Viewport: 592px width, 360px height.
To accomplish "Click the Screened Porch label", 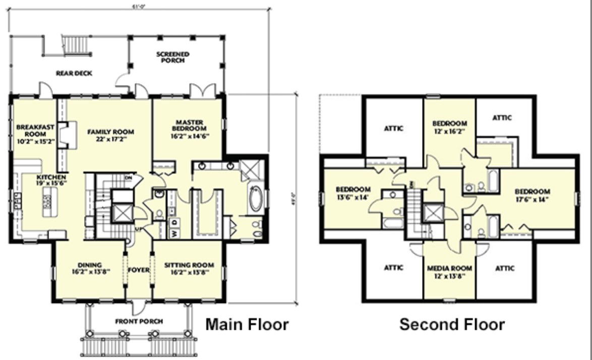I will pyautogui.click(x=172, y=57).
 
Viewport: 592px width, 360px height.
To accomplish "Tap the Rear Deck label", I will pyautogui.click(x=74, y=73).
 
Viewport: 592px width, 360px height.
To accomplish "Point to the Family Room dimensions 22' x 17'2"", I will pyautogui.click(x=110, y=139).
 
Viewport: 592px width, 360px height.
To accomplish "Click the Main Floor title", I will pyautogui.click(x=247, y=324).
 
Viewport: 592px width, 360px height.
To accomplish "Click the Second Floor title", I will pyautogui.click(x=452, y=324).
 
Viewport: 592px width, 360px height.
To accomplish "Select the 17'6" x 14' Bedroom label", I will pyautogui.click(x=532, y=195).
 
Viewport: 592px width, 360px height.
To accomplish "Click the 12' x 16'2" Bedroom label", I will pyautogui.click(x=449, y=127).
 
